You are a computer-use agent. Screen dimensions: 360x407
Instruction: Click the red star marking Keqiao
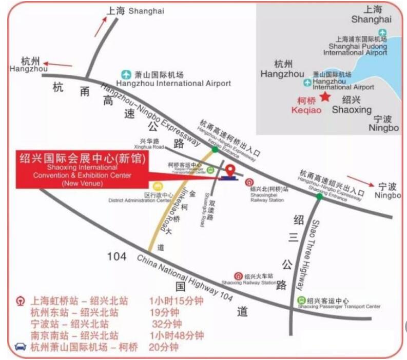point(324,97)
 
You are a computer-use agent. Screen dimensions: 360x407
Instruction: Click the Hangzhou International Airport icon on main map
point(125,74)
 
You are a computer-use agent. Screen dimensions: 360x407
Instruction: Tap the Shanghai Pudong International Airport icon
point(382,33)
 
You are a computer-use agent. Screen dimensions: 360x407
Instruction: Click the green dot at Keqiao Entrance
point(215,149)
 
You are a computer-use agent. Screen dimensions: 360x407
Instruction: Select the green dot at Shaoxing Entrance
point(320,196)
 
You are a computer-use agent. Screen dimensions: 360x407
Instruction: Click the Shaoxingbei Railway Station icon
point(248,182)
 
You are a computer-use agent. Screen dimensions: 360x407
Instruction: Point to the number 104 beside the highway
point(117,256)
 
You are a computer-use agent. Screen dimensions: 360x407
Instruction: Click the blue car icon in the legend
point(21,347)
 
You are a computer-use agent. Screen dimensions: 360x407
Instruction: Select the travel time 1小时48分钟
point(177,335)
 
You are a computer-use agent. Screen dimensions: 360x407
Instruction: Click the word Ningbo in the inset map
point(383,127)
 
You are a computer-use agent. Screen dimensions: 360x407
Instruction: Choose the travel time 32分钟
point(167,324)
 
